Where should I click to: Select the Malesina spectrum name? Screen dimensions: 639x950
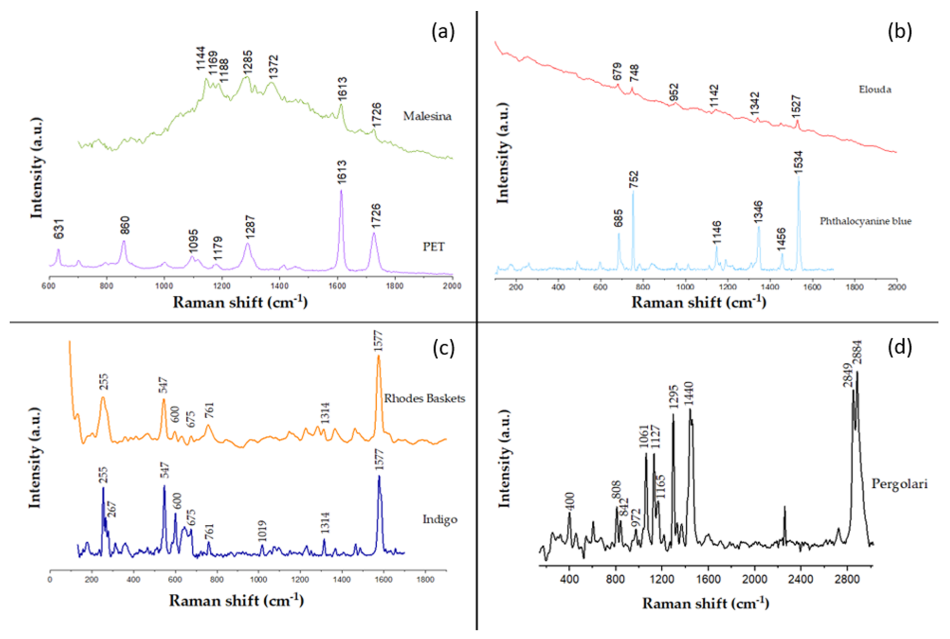tap(427, 117)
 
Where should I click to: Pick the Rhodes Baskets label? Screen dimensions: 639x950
tap(424, 398)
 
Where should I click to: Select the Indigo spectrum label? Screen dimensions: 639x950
tap(439, 519)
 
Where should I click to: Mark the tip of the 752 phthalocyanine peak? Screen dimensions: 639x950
tap(633, 192)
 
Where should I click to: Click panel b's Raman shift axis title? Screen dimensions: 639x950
tap(699, 302)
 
